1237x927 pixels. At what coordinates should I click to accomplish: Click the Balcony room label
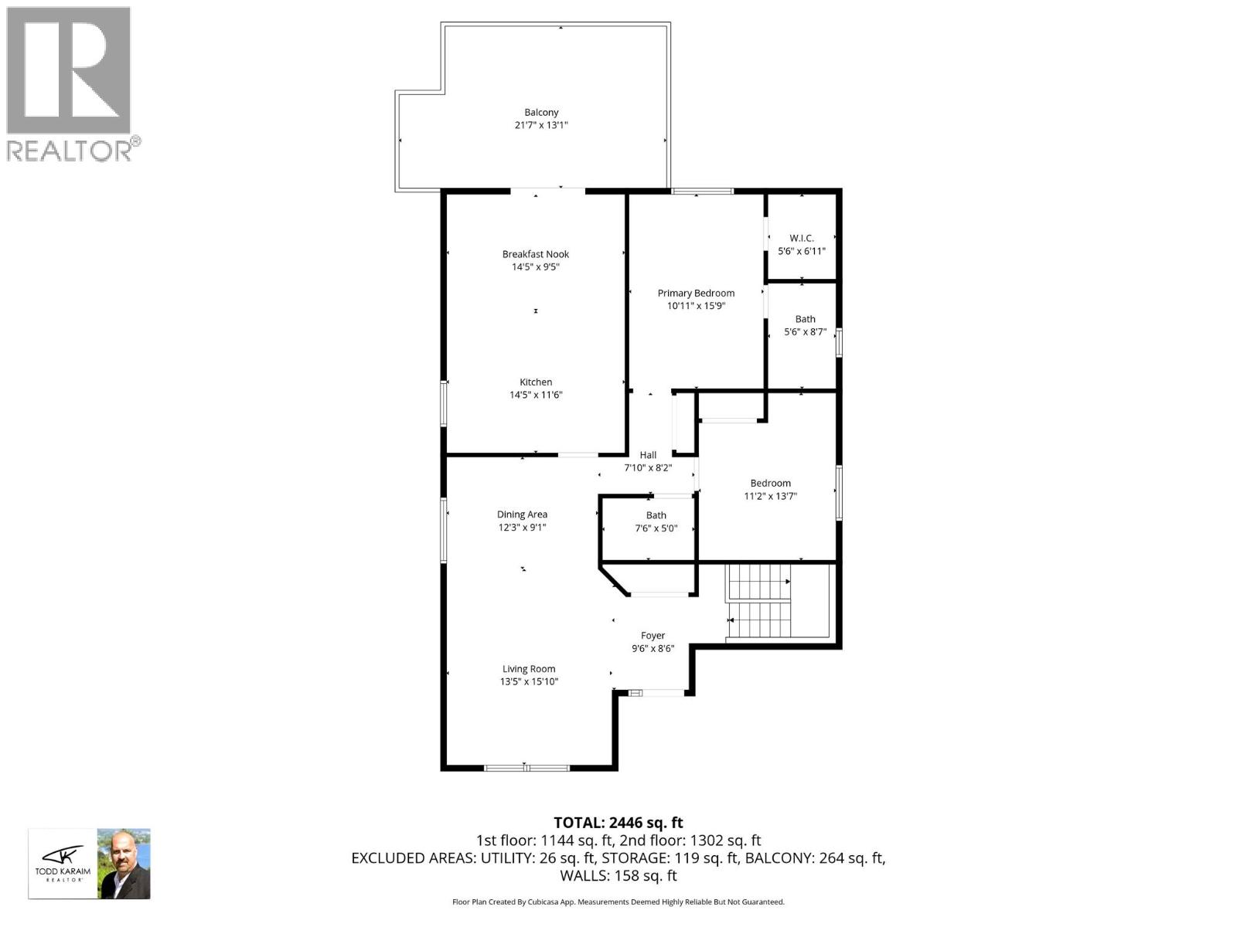(x=541, y=112)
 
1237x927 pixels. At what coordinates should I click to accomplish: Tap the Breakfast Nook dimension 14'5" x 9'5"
(x=535, y=267)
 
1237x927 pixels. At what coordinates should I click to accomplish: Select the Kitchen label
(x=536, y=382)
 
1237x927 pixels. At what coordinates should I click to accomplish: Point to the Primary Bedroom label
(x=696, y=293)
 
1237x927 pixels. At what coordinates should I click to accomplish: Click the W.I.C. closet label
(x=802, y=238)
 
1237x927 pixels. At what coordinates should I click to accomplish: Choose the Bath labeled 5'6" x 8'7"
(x=805, y=319)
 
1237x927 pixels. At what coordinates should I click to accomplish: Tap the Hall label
(x=648, y=455)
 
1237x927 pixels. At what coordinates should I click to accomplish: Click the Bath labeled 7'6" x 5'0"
(x=656, y=515)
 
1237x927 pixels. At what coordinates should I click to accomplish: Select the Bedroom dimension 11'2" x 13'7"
(x=770, y=497)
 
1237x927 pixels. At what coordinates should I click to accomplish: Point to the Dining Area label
(x=522, y=514)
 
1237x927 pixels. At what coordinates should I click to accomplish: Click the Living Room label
(x=529, y=669)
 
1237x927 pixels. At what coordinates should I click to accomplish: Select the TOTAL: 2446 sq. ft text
(x=618, y=823)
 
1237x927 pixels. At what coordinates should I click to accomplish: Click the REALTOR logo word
(x=70, y=150)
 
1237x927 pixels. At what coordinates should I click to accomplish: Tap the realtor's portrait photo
(x=124, y=864)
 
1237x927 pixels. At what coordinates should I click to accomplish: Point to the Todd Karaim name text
(x=63, y=871)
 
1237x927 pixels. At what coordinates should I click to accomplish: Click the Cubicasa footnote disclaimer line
(x=618, y=902)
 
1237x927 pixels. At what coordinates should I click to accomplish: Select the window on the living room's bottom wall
(x=526, y=767)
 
